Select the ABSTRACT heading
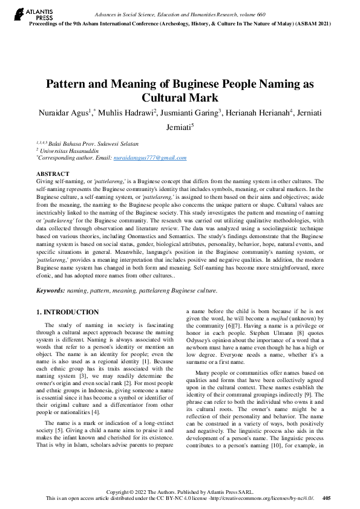click(x=53, y=173)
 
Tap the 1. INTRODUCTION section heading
click(x=67, y=312)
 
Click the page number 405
click(x=327, y=498)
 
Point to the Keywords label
click(x=51, y=291)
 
